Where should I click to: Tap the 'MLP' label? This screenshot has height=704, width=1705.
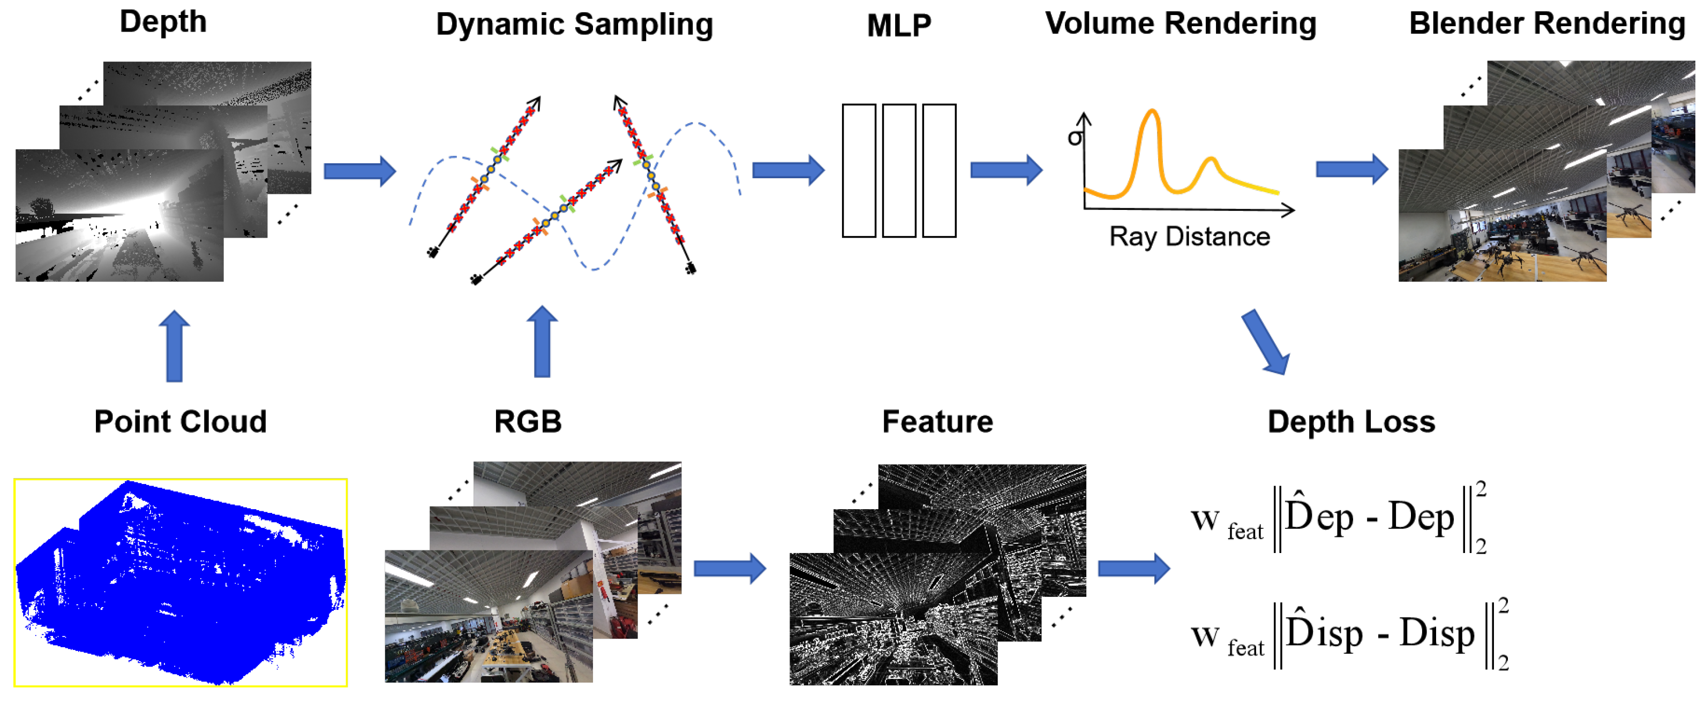point(899,26)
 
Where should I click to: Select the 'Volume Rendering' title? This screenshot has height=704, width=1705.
point(1180,24)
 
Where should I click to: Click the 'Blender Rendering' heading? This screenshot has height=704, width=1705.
point(1547,24)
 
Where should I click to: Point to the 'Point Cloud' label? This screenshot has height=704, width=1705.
point(180,421)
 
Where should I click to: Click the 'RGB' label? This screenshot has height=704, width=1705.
point(528,421)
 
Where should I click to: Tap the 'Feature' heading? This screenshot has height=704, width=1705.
point(937,421)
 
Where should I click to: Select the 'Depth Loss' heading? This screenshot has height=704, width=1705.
point(1351,421)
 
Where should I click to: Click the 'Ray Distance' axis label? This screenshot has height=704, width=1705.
point(1189,236)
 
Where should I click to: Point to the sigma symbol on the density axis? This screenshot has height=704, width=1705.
point(1075,138)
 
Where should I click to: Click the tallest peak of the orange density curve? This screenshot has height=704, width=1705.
point(1152,111)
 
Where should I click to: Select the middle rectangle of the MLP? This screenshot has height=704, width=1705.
point(899,170)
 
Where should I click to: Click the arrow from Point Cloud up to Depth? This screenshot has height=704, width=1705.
point(175,345)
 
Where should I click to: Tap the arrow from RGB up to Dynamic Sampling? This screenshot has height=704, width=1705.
point(542,342)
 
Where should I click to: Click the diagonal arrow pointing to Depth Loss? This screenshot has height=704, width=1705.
point(1266,342)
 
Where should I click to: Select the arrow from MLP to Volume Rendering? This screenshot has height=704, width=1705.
point(1006,170)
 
